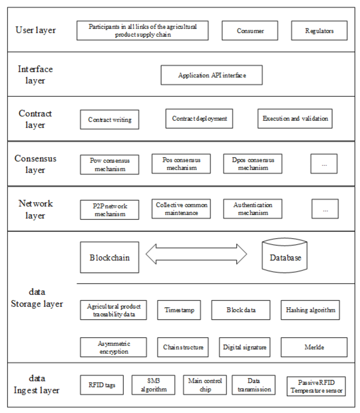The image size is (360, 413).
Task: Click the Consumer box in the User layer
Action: (x=250, y=31)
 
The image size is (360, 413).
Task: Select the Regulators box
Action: (x=319, y=31)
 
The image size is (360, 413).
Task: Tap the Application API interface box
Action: (x=211, y=75)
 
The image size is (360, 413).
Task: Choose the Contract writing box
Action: (x=109, y=119)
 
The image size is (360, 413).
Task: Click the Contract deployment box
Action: (x=199, y=119)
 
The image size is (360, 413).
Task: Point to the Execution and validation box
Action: (x=295, y=119)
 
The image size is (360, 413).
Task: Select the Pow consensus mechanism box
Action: (x=109, y=165)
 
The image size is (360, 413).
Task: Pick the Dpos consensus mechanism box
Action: (x=253, y=164)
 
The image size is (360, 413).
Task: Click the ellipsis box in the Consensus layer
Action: (x=324, y=164)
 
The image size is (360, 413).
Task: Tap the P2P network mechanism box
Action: (x=109, y=210)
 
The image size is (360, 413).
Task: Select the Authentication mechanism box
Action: (x=253, y=209)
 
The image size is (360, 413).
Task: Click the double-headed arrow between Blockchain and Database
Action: (x=196, y=254)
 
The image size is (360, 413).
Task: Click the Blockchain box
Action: (x=109, y=258)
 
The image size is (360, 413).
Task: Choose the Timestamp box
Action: (x=179, y=310)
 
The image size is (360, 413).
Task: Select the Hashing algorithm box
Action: (x=310, y=310)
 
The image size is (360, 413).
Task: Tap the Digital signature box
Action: (x=244, y=347)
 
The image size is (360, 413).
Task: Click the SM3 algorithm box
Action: (x=153, y=385)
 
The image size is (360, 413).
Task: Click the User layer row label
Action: (x=35, y=30)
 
